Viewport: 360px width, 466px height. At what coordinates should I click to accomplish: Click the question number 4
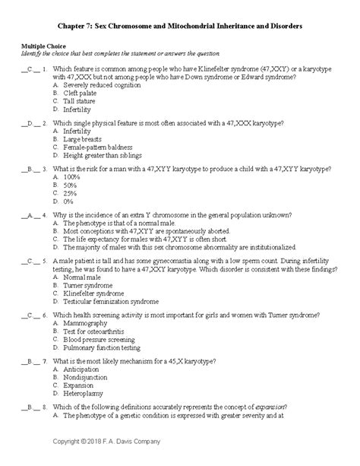(x=46, y=215)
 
